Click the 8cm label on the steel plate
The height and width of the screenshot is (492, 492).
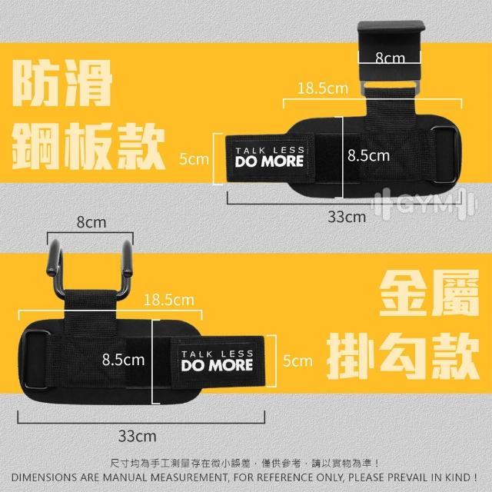pos(390,58)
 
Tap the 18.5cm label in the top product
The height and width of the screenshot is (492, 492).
pos(323,88)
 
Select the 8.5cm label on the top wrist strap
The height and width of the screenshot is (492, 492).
pos(368,155)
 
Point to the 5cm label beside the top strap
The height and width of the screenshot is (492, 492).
pos(194,159)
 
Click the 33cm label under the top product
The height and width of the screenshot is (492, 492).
pos(347,217)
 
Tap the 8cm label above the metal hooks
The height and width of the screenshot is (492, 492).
pos(91,222)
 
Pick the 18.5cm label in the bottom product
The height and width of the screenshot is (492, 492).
pos(169,301)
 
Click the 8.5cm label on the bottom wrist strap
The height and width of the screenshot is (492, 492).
pos(123,360)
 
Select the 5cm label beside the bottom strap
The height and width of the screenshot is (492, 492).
pos(298,361)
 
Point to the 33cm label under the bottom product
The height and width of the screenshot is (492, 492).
pos(137,436)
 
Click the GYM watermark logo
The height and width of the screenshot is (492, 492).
pos(424,204)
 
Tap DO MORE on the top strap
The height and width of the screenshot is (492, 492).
pos(269,161)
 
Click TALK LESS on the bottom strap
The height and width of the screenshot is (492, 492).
pos(217,354)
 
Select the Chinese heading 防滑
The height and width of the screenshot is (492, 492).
pos(62,83)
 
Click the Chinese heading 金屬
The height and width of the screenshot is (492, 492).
pos(429,294)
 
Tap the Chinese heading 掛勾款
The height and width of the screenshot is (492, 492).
pos(403,357)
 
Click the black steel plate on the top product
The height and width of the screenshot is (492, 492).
pos(391,53)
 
